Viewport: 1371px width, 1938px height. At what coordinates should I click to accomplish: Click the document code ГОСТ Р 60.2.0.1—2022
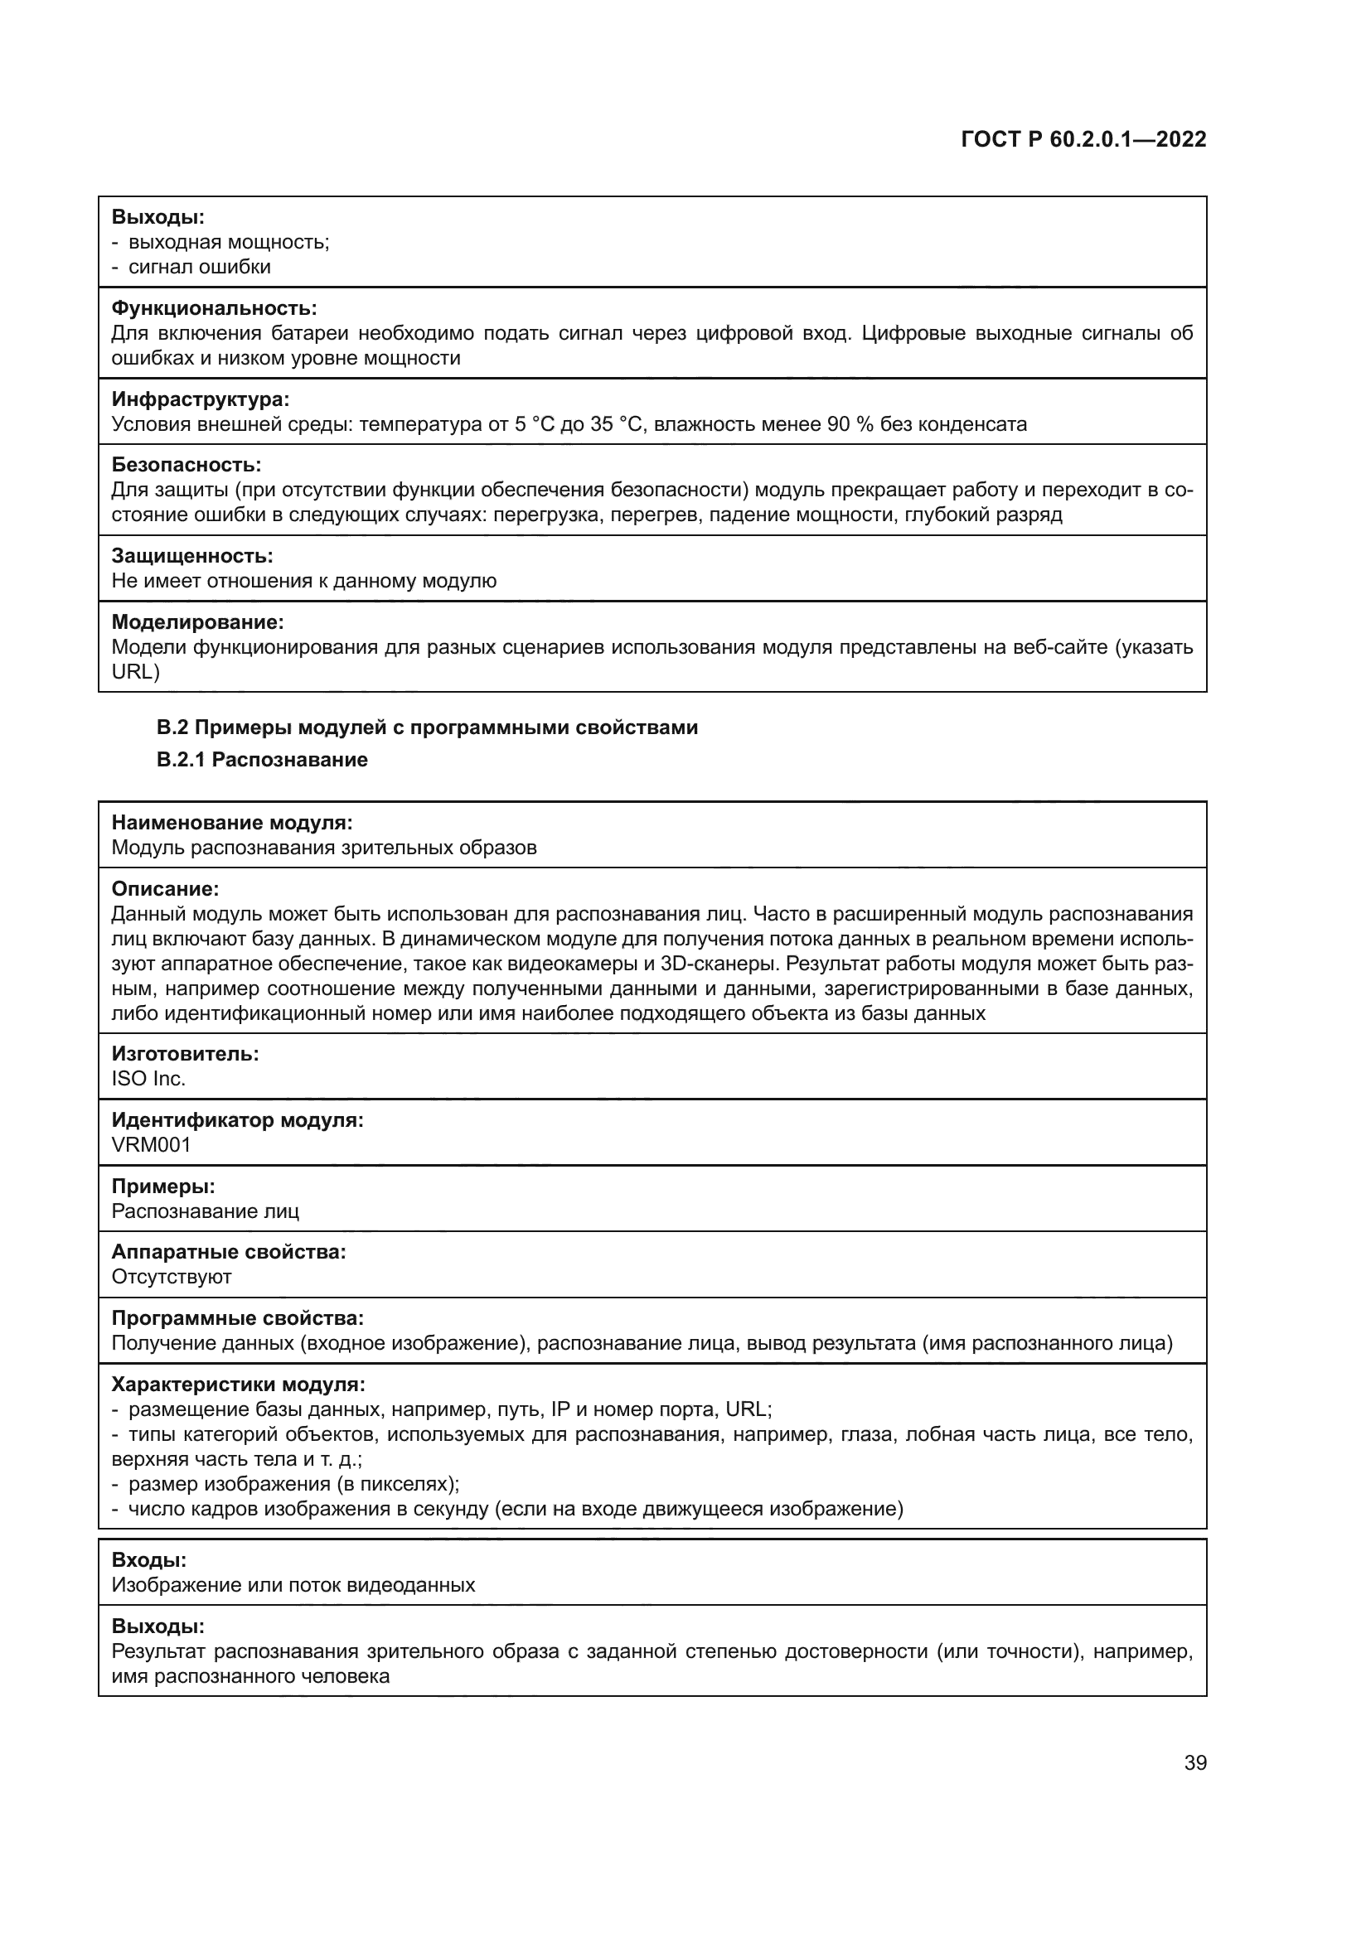pyautogui.click(x=1083, y=139)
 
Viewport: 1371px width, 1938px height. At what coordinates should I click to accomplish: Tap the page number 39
pyautogui.click(x=1194, y=1762)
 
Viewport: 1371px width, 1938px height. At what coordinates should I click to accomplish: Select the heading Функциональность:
pyautogui.click(x=215, y=308)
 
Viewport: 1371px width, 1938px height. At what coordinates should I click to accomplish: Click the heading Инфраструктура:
pyautogui.click(x=200, y=399)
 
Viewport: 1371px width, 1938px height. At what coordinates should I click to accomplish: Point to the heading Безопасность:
pyautogui.click(x=187, y=465)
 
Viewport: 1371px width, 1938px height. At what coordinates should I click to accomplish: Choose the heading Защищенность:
pyautogui.click(x=192, y=556)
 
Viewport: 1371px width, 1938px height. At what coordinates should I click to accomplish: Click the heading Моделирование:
pyautogui.click(x=197, y=622)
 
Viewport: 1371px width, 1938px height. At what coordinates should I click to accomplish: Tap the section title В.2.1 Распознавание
pyautogui.click(x=262, y=760)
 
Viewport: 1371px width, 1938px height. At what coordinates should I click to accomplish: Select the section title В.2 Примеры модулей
pyautogui.click(x=427, y=727)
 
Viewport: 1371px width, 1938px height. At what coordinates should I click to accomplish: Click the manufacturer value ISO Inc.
pyautogui.click(x=148, y=1079)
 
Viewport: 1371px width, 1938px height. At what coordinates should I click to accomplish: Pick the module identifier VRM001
pyautogui.click(x=151, y=1144)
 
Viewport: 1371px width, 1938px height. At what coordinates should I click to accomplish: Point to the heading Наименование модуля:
pyautogui.click(x=232, y=823)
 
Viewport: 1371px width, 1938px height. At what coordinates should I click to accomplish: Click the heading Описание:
pyautogui.click(x=166, y=889)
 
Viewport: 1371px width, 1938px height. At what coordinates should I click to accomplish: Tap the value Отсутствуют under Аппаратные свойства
pyautogui.click(x=172, y=1276)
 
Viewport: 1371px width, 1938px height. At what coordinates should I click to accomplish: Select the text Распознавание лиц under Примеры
pyautogui.click(x=205, y=1211)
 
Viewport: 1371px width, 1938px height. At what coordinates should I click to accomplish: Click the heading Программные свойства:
pyautogui.click(x=238, y=1318)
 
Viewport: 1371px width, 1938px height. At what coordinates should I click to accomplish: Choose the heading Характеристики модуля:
pyautogui.click(x=238, y=1385)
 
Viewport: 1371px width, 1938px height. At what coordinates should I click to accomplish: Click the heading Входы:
pyautogui.click(x=149, y=1560)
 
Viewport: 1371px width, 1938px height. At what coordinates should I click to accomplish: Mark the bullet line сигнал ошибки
pyautogui.click(x=199, y=267)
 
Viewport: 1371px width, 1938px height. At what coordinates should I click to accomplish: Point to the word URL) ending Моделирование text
pyautogui.click(x=135, y=671)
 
